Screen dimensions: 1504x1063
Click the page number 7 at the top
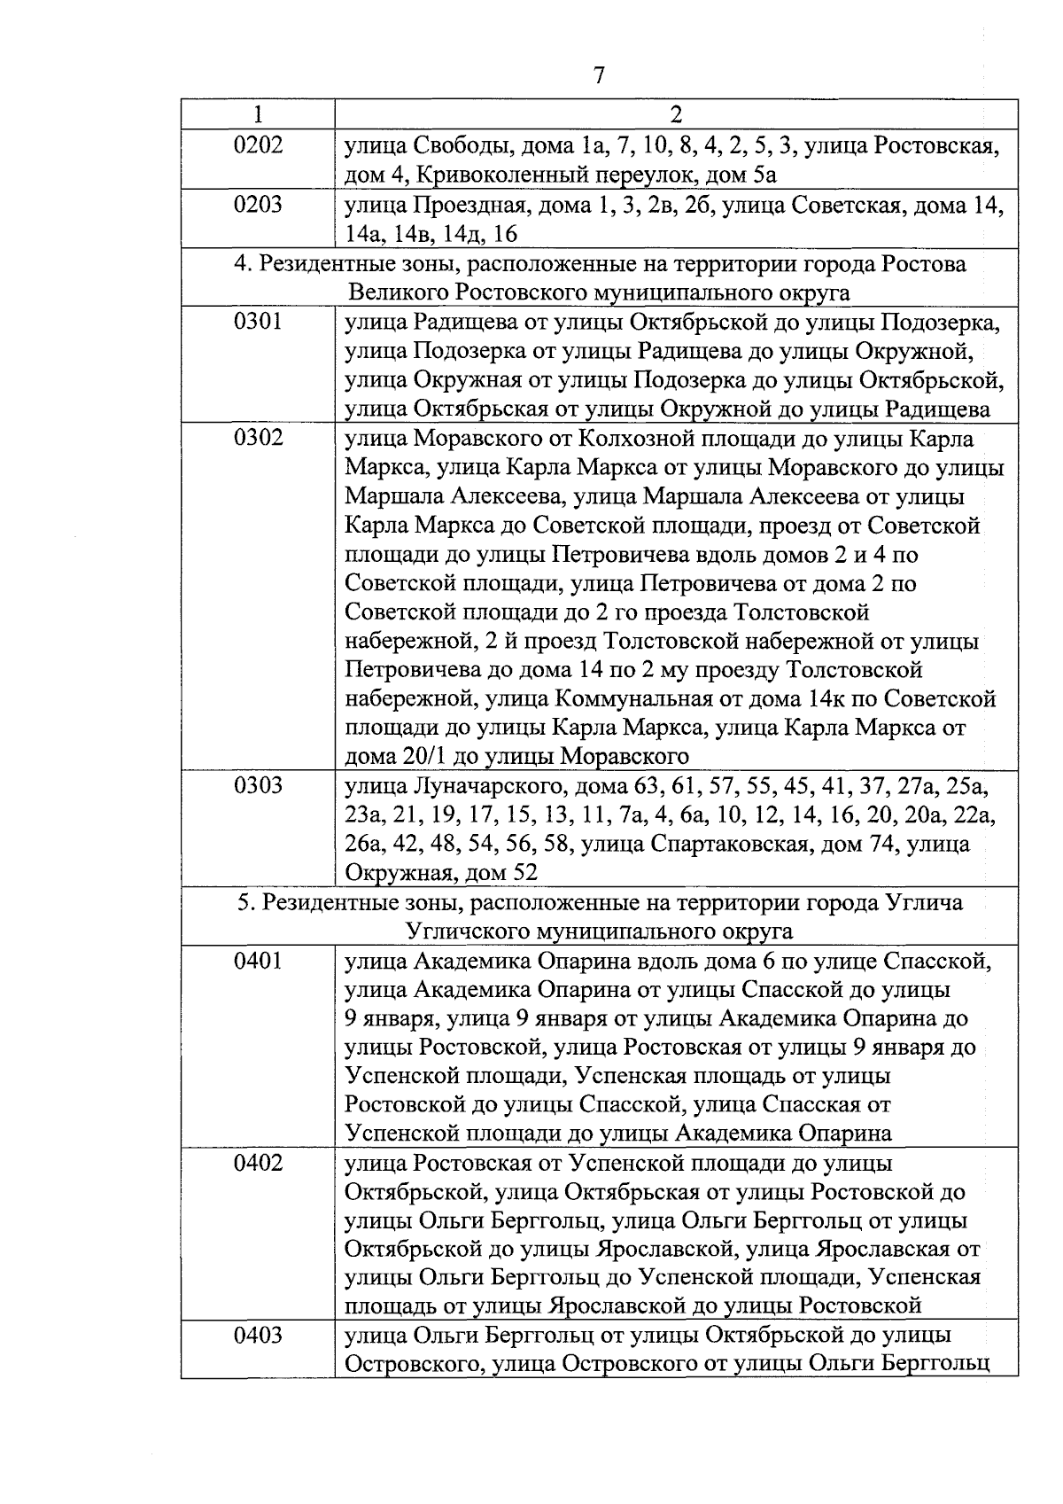pos(599,75)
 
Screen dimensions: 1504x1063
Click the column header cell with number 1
pos(258,114)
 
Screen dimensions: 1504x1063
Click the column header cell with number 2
pos(676,114)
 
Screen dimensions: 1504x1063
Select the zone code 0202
pos(258,144)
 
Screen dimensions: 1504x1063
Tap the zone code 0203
pos(258,205)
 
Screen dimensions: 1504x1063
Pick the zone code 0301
pos(258,322)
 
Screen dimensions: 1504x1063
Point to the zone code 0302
pos(258,438)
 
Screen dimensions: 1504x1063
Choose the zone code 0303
pos(258,786)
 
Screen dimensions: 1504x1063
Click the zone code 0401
pos(258,961)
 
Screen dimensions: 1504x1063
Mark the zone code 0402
pos(258,1163)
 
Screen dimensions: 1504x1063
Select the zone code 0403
pos(258,1336)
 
